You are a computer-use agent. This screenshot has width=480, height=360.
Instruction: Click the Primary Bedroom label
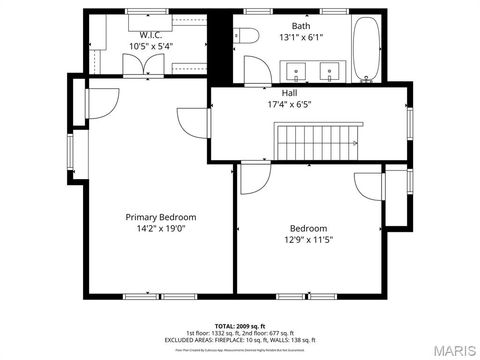click(160, 217)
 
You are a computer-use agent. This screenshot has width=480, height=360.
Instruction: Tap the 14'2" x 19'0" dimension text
click(160, 228)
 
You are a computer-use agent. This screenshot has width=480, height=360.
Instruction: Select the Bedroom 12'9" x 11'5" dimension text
click(308, 239)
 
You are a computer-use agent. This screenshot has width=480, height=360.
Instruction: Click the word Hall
click(289, 92)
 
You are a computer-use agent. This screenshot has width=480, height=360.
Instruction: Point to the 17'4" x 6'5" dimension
click(289, 104)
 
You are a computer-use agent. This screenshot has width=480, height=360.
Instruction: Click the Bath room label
click(301, 26)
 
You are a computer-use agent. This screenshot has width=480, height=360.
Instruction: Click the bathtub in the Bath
click(367, 50)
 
